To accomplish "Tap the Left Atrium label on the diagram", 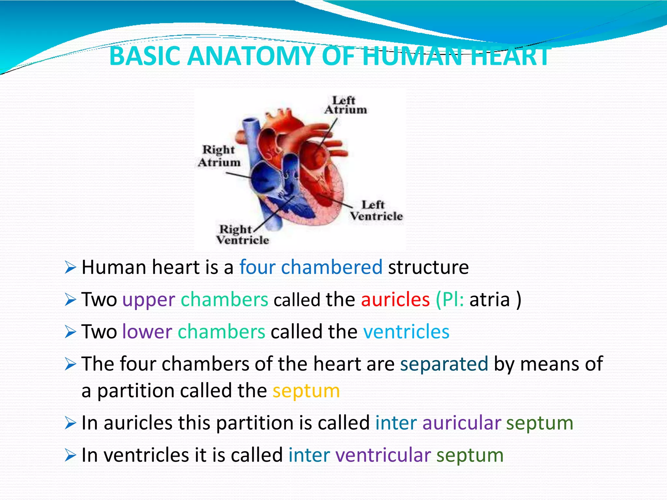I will pos(345,105).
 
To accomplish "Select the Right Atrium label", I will pos(219,156).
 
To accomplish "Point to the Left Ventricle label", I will pos(376,211).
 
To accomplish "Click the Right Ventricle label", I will pos(242,235).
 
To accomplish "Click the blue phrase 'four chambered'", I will pos(311,267).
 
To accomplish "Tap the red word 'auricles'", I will pos(395,299).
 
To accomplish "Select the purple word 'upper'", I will pos(149,300).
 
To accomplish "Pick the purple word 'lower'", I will pos(147,332).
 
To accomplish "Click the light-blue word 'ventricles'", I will pos(406,332).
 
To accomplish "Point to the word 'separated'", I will pos(444,364).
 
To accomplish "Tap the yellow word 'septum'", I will pos(306,391).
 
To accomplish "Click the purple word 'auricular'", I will pos(461,423).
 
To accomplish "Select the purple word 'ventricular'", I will pos(383,455).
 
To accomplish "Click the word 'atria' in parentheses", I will pos(490,299).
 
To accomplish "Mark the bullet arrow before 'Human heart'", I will pos(70,268).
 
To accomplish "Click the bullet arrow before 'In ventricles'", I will pos(70,455).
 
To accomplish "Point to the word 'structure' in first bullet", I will pos(428,267).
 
